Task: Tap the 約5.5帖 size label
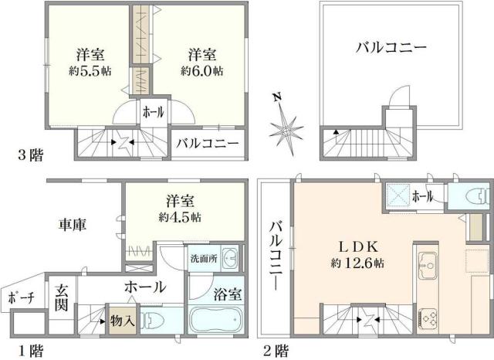coord(91,70)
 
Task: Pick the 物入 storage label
coord(123,319)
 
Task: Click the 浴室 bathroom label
coord(227,295)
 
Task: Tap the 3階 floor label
coord(31,155)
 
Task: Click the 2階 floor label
coord(276,351)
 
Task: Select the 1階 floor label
coord(31,351)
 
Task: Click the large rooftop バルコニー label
coord(391,49)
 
